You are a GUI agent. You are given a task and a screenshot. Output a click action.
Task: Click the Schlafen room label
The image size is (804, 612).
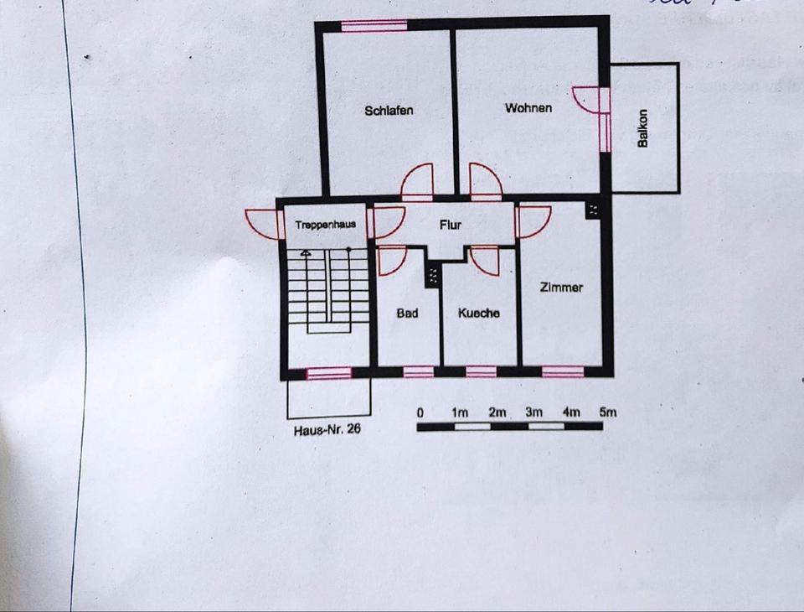point(389,111)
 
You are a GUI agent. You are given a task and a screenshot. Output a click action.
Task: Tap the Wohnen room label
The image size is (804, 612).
point(528,108)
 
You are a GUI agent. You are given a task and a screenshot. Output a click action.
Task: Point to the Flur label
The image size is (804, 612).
point(451,225)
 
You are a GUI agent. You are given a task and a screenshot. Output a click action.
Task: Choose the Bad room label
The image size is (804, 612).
point(407,314)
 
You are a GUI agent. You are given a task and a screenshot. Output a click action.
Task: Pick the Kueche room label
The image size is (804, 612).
point(479,314)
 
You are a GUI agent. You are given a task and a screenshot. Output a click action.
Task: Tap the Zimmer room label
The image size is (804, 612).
point(561,288)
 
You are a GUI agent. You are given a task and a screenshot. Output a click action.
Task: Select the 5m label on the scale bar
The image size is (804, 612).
point(608,412)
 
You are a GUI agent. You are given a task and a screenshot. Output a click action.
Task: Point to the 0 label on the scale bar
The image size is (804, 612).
point(420,412)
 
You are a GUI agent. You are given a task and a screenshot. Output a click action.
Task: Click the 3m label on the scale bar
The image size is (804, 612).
point(533,412)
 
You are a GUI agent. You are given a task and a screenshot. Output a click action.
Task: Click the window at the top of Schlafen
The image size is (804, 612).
point(374,25)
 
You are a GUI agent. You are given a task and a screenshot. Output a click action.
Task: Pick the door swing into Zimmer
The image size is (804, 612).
point(533,220)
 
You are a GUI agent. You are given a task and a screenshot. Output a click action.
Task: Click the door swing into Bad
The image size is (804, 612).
point(392,260)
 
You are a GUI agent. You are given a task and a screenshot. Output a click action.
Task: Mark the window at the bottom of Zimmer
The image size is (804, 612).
point(563,371)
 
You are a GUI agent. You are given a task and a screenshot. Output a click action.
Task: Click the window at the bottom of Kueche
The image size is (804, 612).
point(481,371)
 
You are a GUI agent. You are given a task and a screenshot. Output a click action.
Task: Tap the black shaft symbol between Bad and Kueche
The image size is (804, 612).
point(433,274)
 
